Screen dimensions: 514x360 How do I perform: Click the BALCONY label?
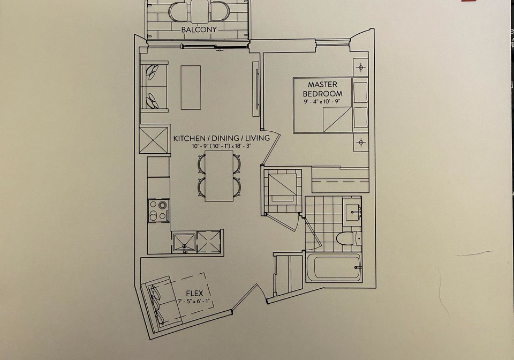[199, 29]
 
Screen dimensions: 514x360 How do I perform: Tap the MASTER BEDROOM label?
[322, 89]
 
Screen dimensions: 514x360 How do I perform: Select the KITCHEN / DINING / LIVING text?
[221, 138]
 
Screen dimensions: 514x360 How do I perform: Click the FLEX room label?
[195, 294]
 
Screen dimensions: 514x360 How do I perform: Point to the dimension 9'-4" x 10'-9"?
[322, 101]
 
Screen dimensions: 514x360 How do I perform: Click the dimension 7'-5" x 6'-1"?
[194, 301]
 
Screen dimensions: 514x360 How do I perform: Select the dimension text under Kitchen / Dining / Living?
[221, 146]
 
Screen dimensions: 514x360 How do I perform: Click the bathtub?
[334, 267]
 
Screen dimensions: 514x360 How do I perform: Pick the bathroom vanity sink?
[352, 211]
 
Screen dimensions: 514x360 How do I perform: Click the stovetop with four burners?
[158, 211]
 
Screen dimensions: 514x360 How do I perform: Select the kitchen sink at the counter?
[184, 242]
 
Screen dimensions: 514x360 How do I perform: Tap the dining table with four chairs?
[220, 176]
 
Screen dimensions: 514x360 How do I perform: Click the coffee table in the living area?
[191, 87]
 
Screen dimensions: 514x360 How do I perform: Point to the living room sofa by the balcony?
[154, 86]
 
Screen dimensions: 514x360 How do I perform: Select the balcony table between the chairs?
[199, 11]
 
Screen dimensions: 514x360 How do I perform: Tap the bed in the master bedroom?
[331, 105]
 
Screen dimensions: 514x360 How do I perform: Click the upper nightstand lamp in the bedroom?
[361, 67]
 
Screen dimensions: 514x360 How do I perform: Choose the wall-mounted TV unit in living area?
[256, 88]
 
